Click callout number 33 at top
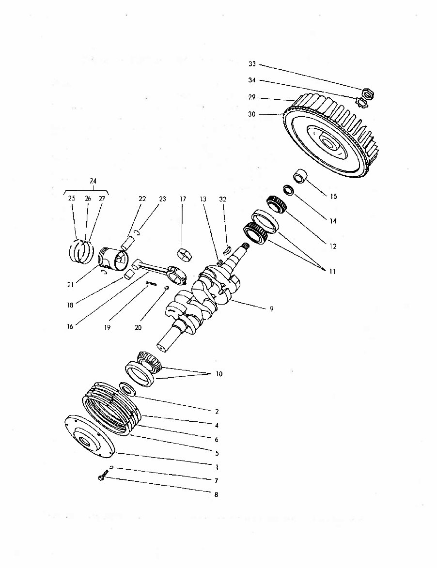[252, 64]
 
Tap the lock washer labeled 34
[362, 103]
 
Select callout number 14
[333, 221]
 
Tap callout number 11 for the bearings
[332, 272]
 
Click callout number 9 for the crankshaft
[271, 309]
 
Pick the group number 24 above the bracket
[93, 181]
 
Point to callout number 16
[70, 327]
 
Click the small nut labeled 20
[166, 288]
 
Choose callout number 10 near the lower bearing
[219, 374]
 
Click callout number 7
[217, 481]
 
